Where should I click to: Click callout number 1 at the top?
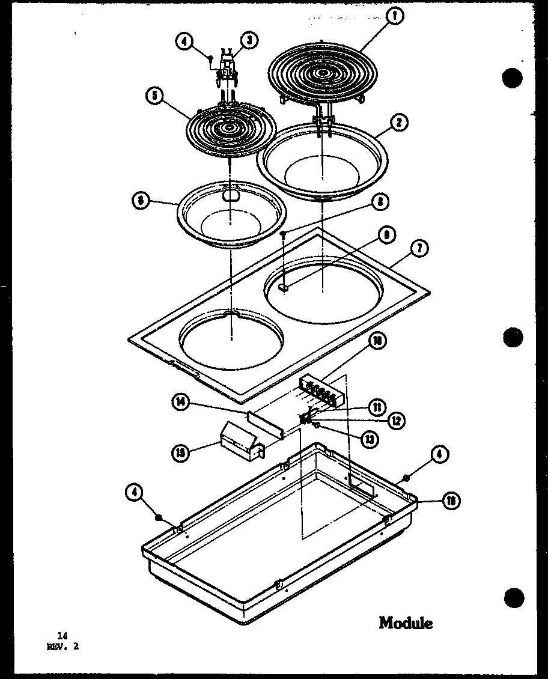[x=394, y=17]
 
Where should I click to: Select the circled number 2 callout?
[x=398, y=123]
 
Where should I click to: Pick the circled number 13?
[x=369, y=440]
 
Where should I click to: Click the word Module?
[x=406, y=623]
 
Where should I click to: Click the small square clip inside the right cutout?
[x=284, y=288]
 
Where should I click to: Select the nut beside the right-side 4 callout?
[x=407, y=478]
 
